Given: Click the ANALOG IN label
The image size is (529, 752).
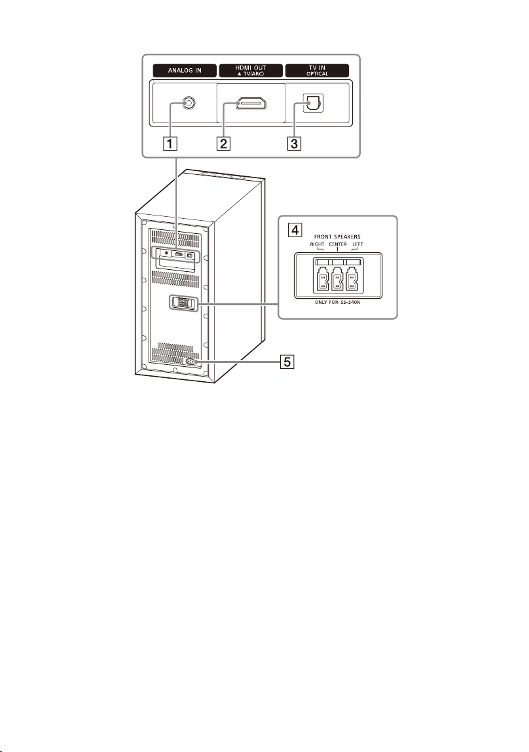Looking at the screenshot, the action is pyautogui.click(x=185, y=71).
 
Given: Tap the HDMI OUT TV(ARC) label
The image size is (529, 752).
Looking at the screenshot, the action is pyautogui.click(x=251, y=71).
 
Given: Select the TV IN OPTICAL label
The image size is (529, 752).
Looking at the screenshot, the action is pyautogui.click(x=318, y=71).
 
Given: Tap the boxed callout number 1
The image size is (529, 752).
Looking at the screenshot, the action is pyautogui.click(x=169, y=143).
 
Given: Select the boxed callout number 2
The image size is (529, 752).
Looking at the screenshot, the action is pyautogui.click(x=223, y=143).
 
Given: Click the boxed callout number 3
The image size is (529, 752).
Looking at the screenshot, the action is pyautogui.click(x=295, y=143).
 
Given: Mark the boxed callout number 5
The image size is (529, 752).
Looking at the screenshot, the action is pyautogui.click(x=287, y=361).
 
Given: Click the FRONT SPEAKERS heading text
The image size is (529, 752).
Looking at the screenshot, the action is pyautogui.click(x=337, y=237).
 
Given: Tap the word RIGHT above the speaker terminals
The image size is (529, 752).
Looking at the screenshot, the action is pyautogui.click(x=318, y=244).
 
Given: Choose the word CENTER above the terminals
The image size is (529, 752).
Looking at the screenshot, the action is pyautogui.click(x=338, y=244).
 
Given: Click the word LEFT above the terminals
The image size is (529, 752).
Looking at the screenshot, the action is pyautogui.click(x=358, y=244).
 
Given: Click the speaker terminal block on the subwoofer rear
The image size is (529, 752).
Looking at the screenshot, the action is pyautogui.click(x=183, y=303).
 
